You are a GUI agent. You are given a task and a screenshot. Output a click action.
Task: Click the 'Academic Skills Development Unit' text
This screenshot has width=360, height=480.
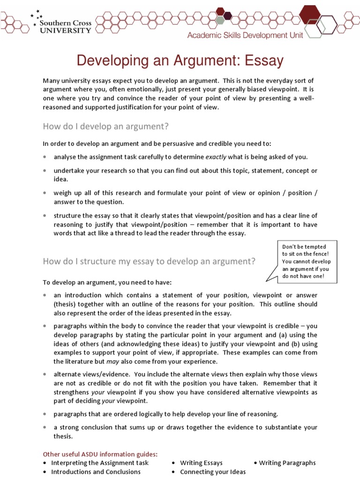pos(245,35)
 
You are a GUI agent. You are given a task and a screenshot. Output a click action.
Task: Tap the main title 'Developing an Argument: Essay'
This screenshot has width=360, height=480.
pos(180,60)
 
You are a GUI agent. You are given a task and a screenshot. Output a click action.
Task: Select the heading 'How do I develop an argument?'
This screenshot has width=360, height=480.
pos(105,126)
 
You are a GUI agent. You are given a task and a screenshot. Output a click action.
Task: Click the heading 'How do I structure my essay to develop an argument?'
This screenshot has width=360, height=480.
pos(149,262)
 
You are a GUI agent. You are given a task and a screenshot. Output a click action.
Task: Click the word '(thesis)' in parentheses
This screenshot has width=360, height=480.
pos(65,304)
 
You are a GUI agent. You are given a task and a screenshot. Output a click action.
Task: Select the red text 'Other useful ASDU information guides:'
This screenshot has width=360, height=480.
pos(100,454)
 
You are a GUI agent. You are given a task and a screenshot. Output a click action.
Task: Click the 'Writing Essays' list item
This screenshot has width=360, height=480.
pos(201,463)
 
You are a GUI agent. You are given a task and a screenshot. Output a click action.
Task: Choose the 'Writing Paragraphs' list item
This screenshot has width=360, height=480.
pos(287,463)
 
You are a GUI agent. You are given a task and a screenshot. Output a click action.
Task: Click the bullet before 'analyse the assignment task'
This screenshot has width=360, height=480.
pos(45,157)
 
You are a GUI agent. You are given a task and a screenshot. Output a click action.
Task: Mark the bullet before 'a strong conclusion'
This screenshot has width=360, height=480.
pos(45,427)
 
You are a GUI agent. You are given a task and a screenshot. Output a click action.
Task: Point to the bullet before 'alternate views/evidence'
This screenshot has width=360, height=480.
pos(45,375)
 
